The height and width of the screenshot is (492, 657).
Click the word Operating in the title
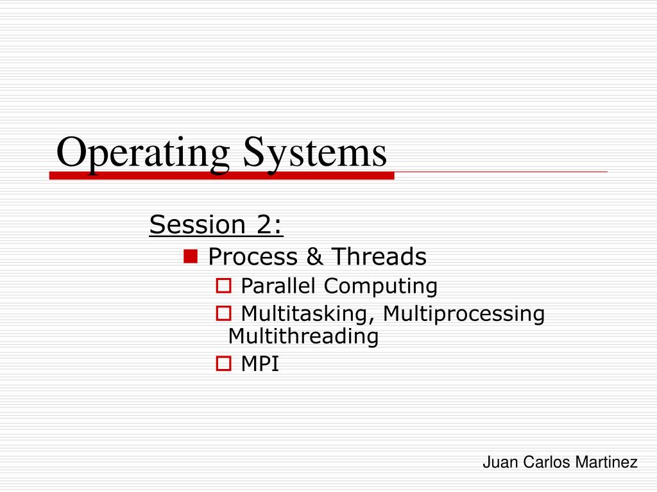click(x=143, y=154)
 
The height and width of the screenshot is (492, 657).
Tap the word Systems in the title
click(x=315, y=154)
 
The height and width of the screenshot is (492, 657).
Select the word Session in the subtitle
click(x=198, y=224)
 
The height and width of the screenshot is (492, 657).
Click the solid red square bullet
click(x=191, y=256)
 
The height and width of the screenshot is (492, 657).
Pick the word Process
click(x=253, y=256)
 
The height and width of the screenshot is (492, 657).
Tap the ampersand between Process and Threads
click(x=314, y=256)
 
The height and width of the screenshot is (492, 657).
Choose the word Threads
click(x=379, y=256)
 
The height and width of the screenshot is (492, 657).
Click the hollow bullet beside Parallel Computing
click(x=223, y=286)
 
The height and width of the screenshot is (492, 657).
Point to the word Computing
click(x=380, y=286)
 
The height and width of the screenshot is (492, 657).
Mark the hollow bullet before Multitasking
click(x=223, y=313)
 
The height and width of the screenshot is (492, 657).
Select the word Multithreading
click(x=303, y=336)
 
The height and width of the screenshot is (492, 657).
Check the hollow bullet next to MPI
click(x=223, y=363)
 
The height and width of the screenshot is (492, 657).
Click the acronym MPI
click(x=260, y=363)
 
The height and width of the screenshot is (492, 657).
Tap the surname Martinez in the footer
click(x=606, y=463)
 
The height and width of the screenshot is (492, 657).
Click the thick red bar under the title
click(x=221, y=176)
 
